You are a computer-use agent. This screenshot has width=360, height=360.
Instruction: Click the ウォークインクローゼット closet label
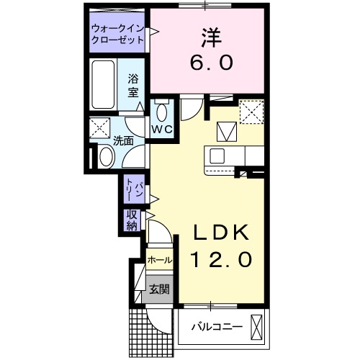coord(117,35)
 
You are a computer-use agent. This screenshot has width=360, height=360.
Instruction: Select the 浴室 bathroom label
coord(132,85)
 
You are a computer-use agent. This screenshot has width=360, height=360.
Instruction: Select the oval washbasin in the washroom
coord(105,156)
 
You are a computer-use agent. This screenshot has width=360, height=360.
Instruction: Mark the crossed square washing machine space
coord(99,129)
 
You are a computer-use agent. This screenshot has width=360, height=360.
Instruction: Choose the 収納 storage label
coord(132,220)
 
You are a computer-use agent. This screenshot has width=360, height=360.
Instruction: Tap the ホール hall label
coord(159,260)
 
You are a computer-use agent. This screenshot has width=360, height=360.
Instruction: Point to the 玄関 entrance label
coord(158,289)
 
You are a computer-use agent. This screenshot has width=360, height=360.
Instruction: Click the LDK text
coord(219,232)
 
